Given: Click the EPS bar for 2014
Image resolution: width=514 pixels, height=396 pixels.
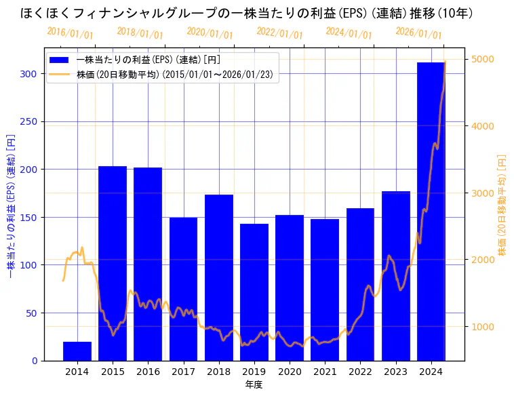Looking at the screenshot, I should tap(77, 351).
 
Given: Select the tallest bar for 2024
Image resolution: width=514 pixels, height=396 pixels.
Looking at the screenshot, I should tap(431, 211).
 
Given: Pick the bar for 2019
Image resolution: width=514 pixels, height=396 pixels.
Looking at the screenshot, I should tap(254, 292).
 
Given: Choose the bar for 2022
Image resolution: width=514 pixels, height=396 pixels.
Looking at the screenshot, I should tap(360, 284).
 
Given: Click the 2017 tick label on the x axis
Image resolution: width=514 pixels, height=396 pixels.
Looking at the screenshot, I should tap(183, 371).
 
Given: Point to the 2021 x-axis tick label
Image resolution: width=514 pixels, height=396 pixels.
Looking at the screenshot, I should tap(325, 371).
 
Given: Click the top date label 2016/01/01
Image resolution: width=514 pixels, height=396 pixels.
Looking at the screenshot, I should tap(70, 33).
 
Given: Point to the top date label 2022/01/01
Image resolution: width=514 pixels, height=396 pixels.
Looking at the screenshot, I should tap(279, 33).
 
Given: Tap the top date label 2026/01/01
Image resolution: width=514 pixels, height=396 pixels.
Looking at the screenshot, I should tap(418, 33).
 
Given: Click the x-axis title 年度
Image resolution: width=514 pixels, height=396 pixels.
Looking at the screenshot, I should tap(254, 384).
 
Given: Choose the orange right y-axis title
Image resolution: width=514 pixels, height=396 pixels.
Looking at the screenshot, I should tap(502, 204).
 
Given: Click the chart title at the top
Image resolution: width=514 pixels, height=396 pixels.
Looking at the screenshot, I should tap(247, 13).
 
